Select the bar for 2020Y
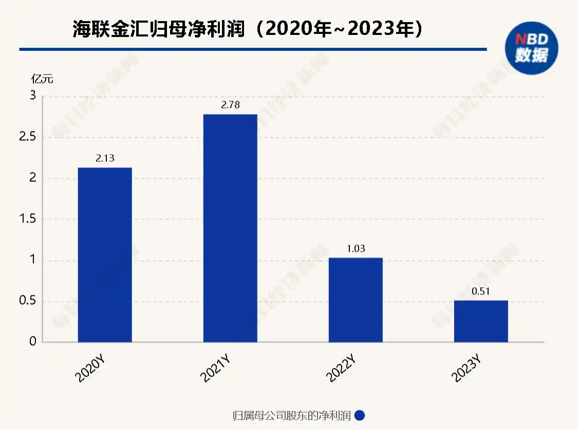105,254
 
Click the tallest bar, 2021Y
230,228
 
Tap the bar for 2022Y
356,300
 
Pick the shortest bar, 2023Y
481,321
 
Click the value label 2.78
230,105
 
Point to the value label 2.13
105,158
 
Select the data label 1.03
356,249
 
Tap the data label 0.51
481,291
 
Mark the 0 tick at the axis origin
32,342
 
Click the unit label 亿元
42,79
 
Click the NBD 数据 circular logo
531,48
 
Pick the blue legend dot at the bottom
360,416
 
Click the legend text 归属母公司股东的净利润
291,416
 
